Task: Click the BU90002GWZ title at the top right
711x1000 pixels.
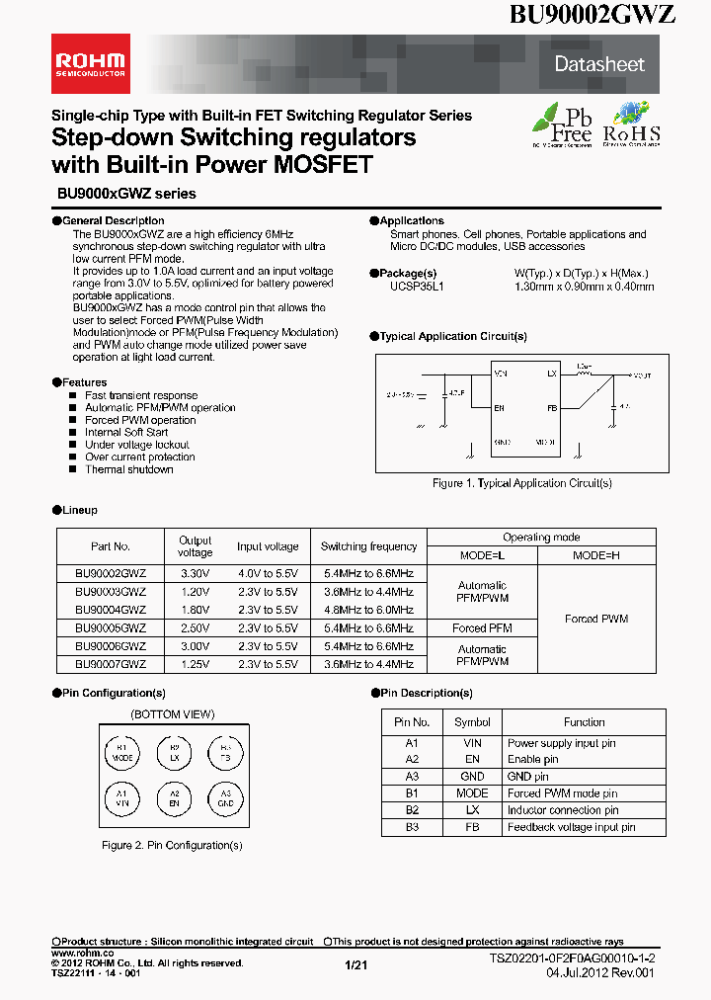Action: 592,14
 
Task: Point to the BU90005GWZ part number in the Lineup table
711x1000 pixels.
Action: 111,627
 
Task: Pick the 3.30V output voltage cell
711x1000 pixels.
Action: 195,573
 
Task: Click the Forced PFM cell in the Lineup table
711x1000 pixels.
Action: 482,627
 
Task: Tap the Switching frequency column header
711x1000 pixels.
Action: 368,546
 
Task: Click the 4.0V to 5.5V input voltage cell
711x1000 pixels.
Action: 267,573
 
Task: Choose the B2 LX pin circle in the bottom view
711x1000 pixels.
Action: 174,752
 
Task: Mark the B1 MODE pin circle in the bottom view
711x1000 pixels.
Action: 122,752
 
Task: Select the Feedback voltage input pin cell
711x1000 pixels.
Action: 571,827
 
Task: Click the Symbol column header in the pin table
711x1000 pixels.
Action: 472,722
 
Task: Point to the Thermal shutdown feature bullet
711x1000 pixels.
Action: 128,469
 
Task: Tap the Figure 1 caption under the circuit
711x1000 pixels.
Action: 522,483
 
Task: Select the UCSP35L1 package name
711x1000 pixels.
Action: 418,287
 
